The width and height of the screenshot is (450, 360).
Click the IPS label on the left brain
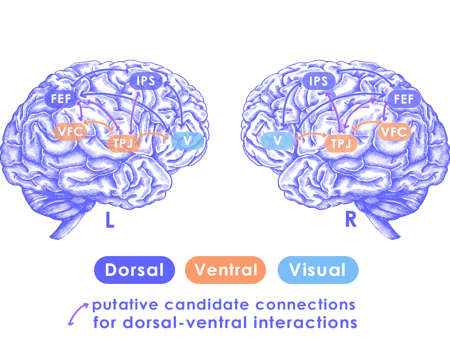coord(145,81)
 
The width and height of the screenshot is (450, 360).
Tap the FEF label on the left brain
coord(61,99)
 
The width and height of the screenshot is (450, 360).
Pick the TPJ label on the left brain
coord(122,143)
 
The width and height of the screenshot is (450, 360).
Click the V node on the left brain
coord(188,141)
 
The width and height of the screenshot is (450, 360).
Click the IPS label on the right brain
coord(318,81)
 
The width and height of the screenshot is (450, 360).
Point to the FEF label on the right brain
coord(404,99)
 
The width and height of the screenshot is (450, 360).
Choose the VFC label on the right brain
coord(394,132)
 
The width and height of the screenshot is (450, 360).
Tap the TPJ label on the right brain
coord(341,143)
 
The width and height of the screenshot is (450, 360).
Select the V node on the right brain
coord(278,141)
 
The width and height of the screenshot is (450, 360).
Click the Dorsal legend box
coord(134,270)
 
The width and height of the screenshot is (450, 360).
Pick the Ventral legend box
coord(225,270)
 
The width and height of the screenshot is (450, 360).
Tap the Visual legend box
coord(318,270)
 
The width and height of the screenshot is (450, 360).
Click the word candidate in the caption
coord(207,305)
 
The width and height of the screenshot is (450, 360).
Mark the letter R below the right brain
coord(350,220)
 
